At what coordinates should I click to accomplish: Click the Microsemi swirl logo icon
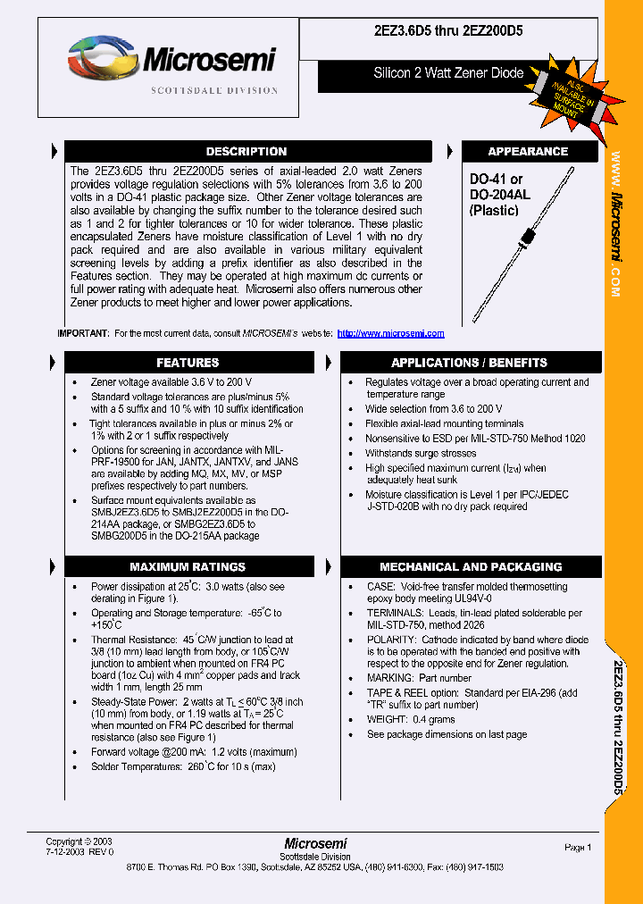[100, 60]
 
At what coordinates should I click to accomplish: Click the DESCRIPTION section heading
[246, 152]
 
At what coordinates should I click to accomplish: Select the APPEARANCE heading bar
[528, 152]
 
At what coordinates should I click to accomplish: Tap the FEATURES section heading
[188, 363]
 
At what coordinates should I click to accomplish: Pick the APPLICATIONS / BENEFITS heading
[469, 363]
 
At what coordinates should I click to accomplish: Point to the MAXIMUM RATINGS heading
[188, 567]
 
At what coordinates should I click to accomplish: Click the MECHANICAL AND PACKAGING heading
[471, 567]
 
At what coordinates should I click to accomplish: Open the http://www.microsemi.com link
[390, 333]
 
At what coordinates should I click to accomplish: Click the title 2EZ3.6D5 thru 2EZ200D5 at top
[448, 30]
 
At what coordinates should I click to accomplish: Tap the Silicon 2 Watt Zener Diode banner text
[448, 73]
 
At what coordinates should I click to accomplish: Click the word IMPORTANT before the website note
[83, 333]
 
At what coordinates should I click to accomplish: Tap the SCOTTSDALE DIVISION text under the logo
[214, 90]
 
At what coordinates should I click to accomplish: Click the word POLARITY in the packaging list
[391, 640]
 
